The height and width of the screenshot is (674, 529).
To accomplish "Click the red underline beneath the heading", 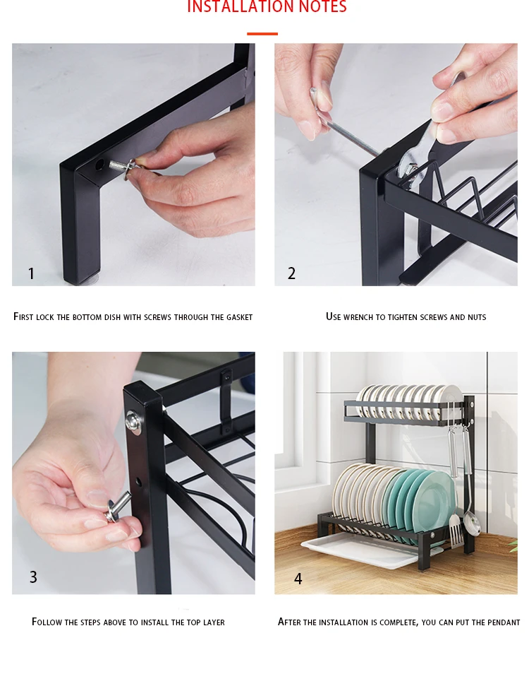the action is (x=262, y=33).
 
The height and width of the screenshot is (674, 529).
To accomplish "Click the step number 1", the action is (x=31, y=273).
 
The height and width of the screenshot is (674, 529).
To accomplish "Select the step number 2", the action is (x=291, y=273).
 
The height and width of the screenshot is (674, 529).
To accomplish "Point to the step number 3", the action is (x=33, y=577).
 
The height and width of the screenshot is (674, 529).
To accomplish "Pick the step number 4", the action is (x=298, y=579).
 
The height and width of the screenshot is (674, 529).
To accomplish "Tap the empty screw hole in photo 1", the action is (x=99, y=164).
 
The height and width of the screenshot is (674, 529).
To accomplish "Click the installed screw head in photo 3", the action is (x=133, y=422).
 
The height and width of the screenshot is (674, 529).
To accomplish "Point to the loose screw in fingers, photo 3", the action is (x=117, y=507).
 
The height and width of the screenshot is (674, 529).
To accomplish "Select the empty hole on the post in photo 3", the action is (x=138, y=481).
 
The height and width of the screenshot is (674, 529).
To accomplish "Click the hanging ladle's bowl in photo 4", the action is (x=473, y=524).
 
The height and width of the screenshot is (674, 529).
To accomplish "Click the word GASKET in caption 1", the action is (x=239, y=317).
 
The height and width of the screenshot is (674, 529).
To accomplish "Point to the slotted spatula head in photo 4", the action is (x=455, y=531).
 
